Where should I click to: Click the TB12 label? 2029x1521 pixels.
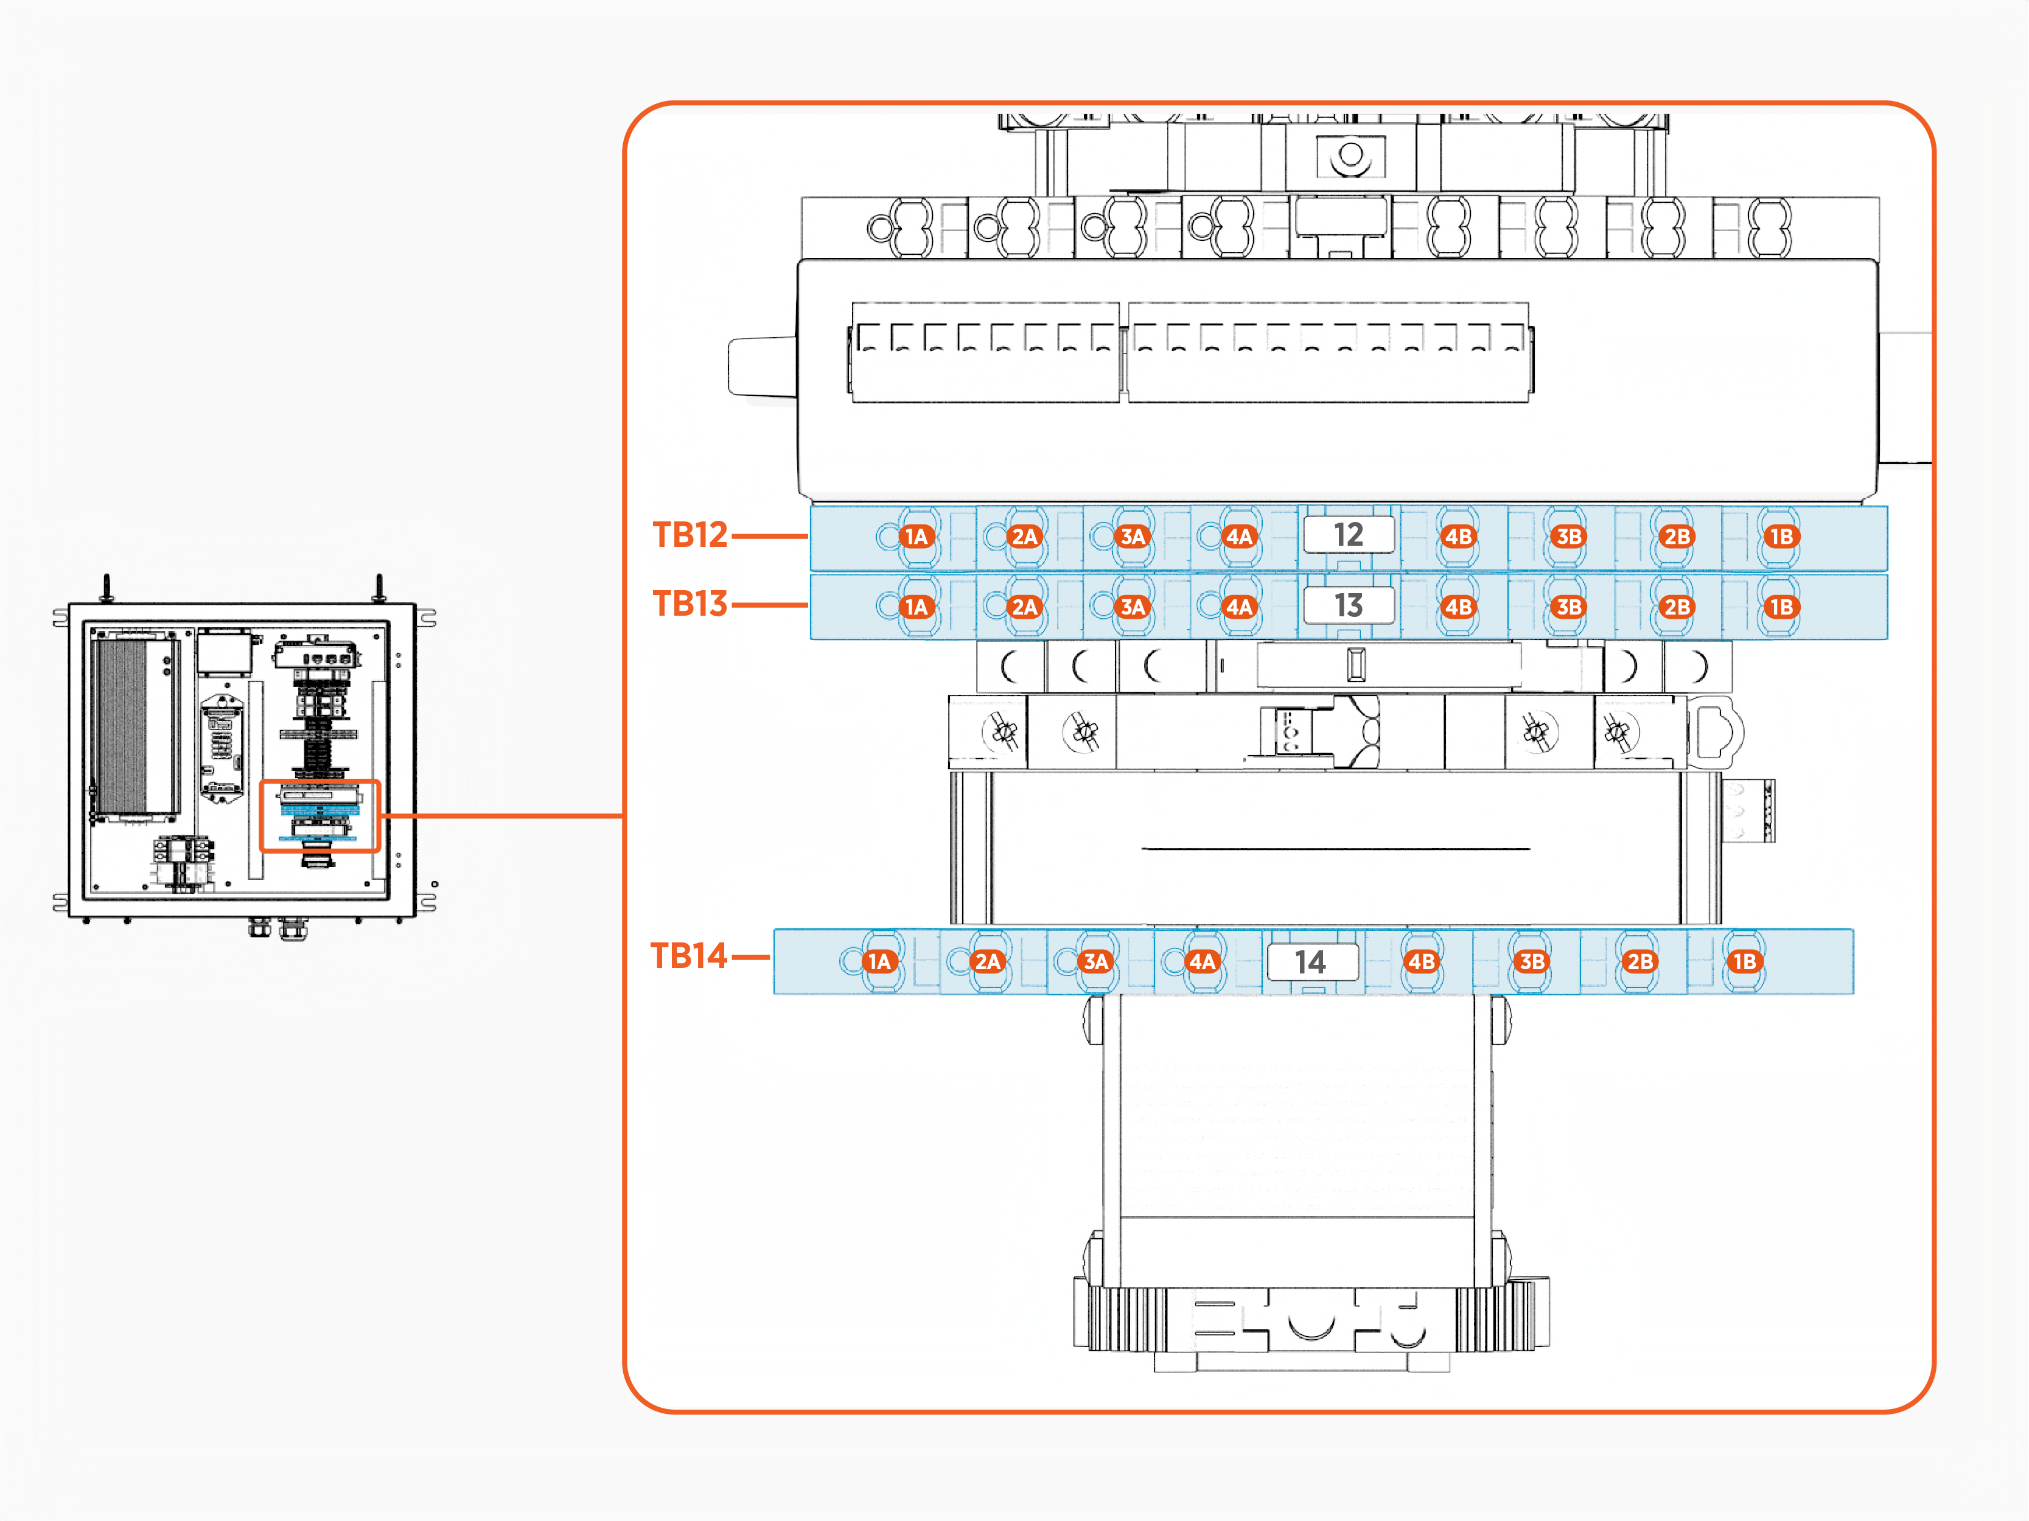690,535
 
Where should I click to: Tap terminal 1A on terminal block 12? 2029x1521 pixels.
917,537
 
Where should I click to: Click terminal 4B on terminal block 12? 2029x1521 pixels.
1458,537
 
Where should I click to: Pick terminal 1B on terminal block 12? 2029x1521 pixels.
1781,537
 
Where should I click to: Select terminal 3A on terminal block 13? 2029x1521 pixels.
1133,607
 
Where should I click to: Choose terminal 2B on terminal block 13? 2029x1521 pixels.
1677,607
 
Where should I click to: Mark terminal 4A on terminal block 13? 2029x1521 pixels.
1239,607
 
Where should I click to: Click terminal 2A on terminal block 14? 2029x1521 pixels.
987,962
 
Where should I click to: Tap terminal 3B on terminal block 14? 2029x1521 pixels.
1532,962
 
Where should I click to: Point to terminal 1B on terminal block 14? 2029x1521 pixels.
1744,962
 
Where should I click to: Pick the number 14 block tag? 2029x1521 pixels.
1311,962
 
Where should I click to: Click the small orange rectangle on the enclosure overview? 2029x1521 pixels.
320,816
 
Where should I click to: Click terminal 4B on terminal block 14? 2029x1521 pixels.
1421,962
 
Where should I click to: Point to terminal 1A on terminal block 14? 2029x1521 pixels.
879,962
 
